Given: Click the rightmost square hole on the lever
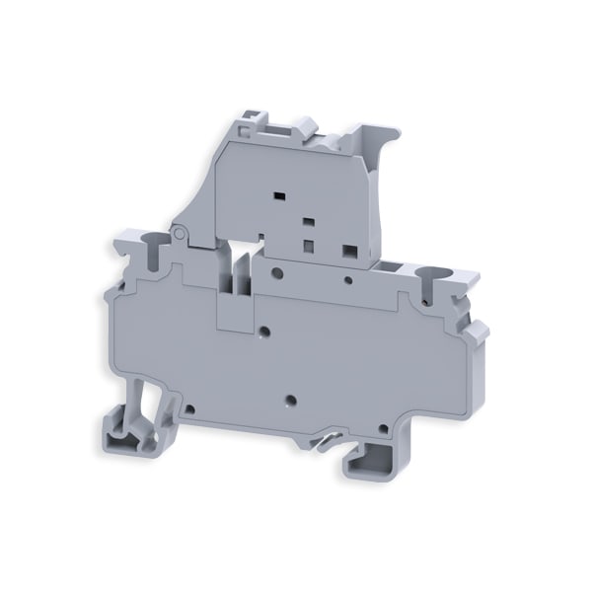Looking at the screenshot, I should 347,252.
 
